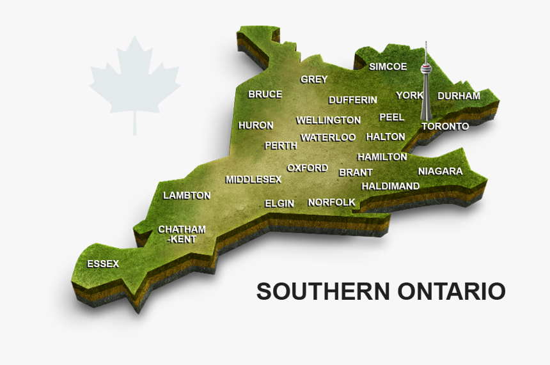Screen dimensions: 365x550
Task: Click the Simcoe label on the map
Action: pos(388,66)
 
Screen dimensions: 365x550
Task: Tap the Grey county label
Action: pos(314,79)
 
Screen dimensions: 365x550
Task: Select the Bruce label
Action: pos(265,95)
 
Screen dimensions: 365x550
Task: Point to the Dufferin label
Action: pos(352,100)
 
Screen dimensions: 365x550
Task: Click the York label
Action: pos(409,95)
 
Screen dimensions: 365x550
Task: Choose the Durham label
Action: pos(459,96)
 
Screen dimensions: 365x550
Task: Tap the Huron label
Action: pos(256,125)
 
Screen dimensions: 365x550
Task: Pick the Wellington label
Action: pos(328,120)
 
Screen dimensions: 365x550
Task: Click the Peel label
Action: pos(391,117)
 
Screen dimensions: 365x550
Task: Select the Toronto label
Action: pos(445,126)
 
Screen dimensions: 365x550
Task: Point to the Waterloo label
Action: pos(328,137)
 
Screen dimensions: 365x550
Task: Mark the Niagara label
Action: pos(440,171)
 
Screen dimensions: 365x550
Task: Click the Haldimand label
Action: pos(390,186)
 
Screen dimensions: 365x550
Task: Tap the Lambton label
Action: pos(186,195)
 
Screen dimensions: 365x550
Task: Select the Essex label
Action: pos(103,263)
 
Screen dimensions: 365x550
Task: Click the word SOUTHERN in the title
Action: pos(323,291)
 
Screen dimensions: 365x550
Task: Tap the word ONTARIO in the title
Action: pos(451,291)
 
